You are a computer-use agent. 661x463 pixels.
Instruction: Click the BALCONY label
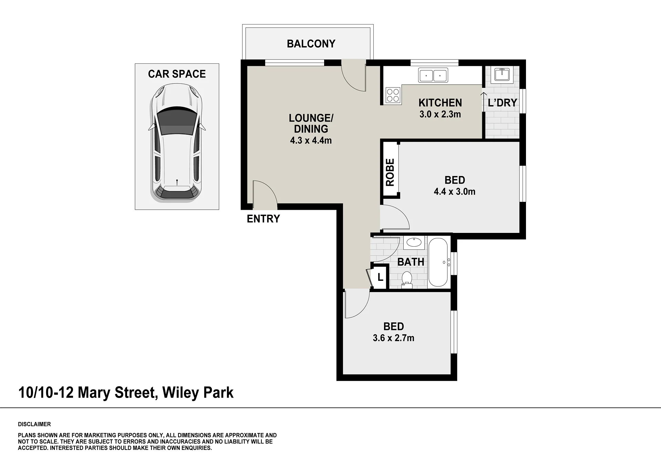pyautogui.click(x=311, y=44)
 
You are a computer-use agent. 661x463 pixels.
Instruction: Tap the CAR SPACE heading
pyautogui.click(x=177, y=74)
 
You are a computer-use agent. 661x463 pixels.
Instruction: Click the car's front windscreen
pyautogui.click(x=177, y=120)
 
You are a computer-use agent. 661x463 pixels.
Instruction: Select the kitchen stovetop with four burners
pyautogui.click(x=393, y=95)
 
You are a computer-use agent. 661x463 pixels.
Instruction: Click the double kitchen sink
pyautogui.click(x=433, y=75)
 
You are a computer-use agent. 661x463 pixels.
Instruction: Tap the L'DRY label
pyautogui.click(x=503, y=103)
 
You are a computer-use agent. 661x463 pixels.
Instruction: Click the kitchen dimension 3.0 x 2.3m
pyautogui.click(x=440, y=114)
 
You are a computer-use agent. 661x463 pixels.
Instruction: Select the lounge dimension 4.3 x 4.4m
pyautogui.click(x=311, y=141)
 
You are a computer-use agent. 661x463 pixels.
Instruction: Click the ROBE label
pyautogui.click(x=390, y=172)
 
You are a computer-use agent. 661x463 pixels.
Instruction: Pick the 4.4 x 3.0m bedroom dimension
pyautogui.click(x=455, y=192)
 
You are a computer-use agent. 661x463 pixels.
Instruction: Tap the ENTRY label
pyautogui.click(x=263, y=219)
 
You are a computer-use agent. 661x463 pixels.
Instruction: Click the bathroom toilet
pyautogui.click(x=407, y=280)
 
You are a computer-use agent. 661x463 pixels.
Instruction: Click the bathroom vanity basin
pyautogui.click(x=414, y=243)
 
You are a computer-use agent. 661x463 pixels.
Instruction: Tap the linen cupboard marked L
pyautogui.click(x=380, y=277)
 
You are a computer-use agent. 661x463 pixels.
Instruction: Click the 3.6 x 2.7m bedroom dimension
pyautogui.click(x=393, y=338)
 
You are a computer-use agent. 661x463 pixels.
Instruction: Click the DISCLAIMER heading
pyautogui.click(x=34, y=424)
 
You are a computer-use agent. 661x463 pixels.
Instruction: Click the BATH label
pyautogui.click(x=411, y=262)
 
